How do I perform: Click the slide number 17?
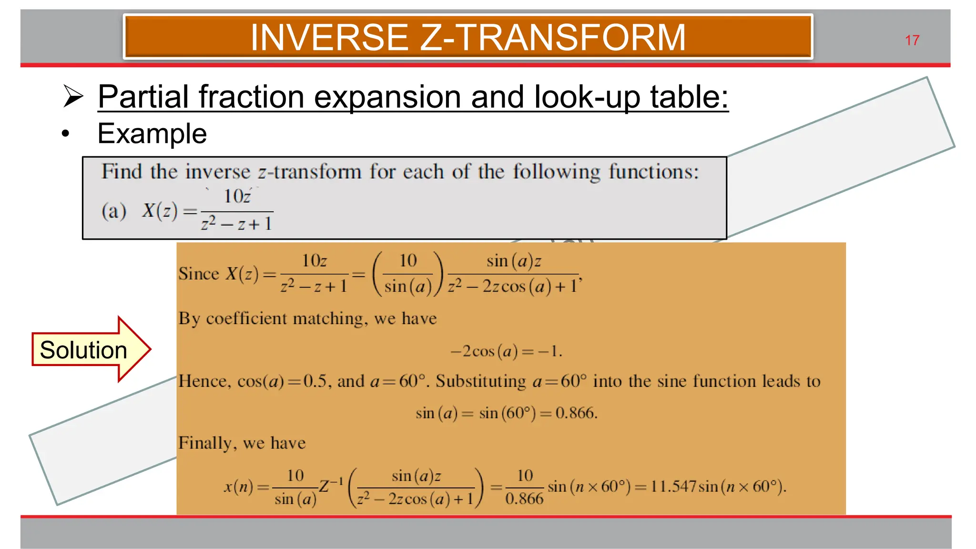tap(912, 41)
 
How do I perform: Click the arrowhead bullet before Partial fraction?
tap(73, 96)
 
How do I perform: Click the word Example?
tap(152, 133)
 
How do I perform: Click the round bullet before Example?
tap(65, 134)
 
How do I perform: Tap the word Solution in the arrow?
tap(83, 350)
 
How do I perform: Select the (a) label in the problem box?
tap(113, 211)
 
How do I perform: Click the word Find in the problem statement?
tap(122, 172)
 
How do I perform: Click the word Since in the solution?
tap(198, 274)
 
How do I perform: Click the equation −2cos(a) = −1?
tap(506, 352)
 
